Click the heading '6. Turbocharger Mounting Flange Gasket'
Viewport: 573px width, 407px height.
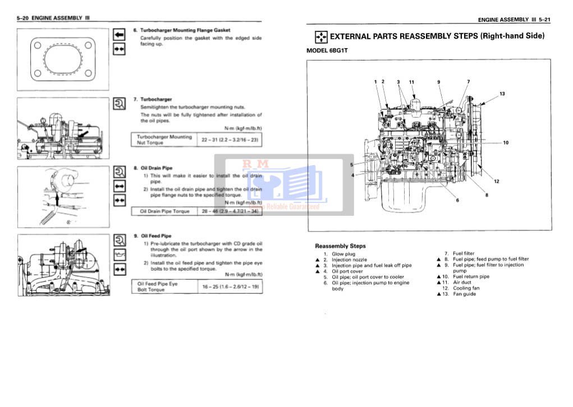pyautogui.click(x=181, y=30)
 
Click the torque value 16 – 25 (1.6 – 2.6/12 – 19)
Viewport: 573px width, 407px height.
pyautogui.click(x=230, y=286)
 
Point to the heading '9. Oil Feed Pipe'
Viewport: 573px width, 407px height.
pyautogui.click(x=152, y=236)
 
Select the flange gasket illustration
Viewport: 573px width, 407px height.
pyautogui.click(x=62, y=59)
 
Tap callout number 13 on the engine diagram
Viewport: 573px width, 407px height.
pyautogui.click(x=502, y=93)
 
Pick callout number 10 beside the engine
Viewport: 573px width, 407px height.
pyautogui.click(x=505, y=143)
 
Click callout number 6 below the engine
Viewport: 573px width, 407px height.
pyautogui.click(x=457, y=200)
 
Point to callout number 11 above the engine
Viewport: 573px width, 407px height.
pyautogui.click(x=411, y=82)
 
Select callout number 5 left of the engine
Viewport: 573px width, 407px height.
pyautogui.click(x=352, y=165)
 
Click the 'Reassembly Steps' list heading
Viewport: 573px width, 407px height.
pyautogui.click(x=340, y=246)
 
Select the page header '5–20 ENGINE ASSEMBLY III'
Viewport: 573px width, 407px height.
pyautogui.click(x=54, y=18)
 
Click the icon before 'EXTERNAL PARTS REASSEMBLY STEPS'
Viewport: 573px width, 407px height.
pyautogui.click(x=320, y=37)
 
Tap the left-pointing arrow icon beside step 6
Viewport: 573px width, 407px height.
pyautogui.click(x=119, y=34)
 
